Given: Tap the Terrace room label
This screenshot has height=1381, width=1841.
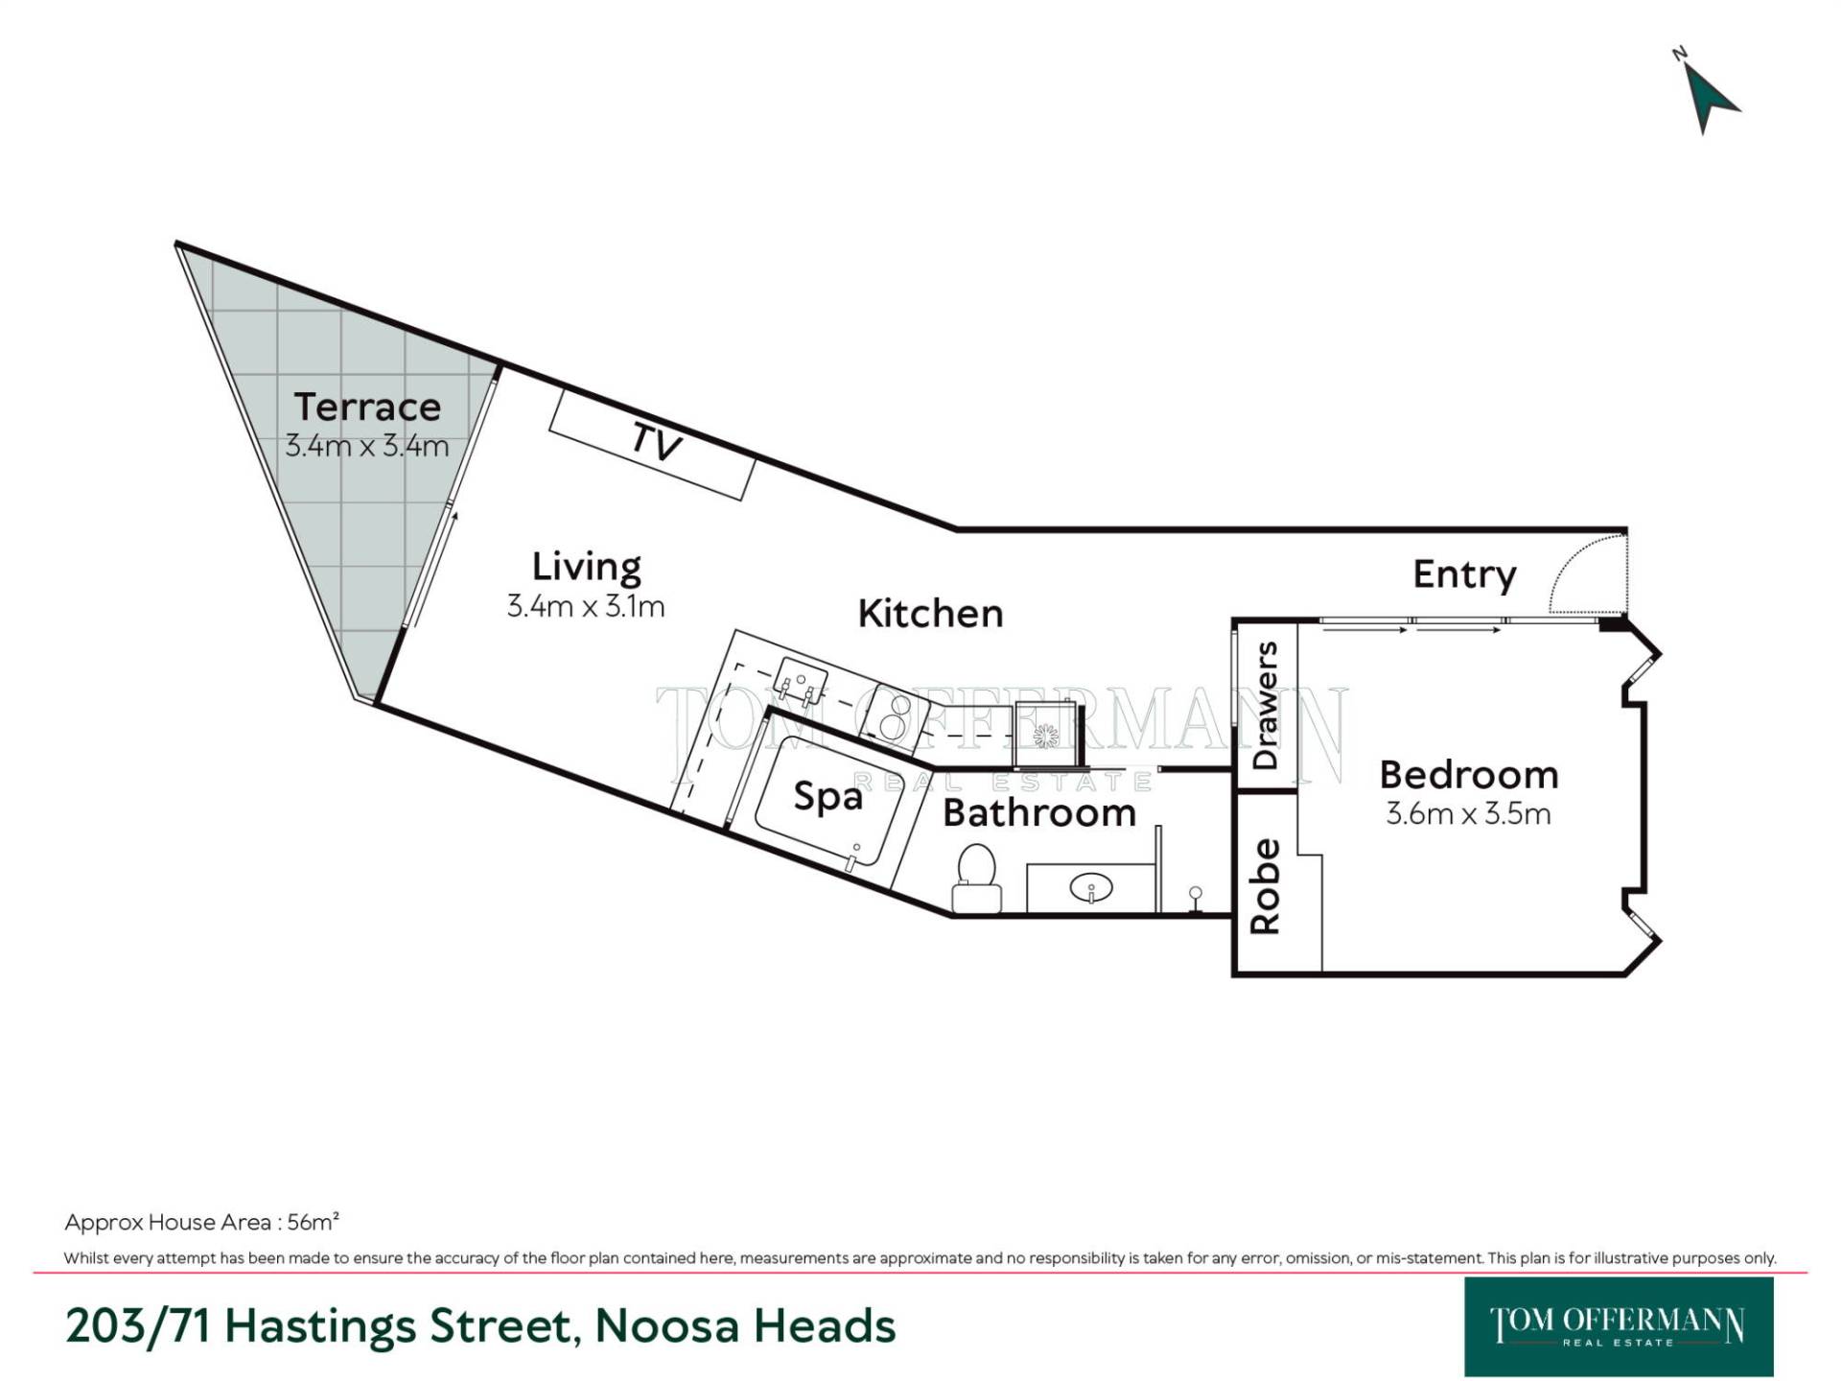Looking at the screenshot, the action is tap(367, 407).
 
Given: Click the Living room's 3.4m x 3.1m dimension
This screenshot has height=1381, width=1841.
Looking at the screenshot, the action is tap(586, 606).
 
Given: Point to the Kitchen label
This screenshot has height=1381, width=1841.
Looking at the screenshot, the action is tap(930, 613).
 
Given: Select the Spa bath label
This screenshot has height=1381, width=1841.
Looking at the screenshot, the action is tap(827, 797).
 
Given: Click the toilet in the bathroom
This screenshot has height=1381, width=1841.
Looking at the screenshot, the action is tap(977, 877).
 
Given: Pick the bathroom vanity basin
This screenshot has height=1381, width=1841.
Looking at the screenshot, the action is tap(1091, 889).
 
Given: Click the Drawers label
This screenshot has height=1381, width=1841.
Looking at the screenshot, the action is tap(1266, 706).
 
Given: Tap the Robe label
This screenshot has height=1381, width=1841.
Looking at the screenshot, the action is tap(1266, 886).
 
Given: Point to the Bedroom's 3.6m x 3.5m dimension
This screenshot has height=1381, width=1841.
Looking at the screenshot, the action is tap(1468, 813).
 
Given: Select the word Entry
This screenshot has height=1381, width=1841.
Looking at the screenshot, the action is tap(1464, 574).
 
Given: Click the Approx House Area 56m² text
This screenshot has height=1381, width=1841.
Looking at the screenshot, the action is tap(202, 1222).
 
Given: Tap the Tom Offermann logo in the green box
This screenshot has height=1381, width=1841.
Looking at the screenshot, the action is tap(1619, 1326).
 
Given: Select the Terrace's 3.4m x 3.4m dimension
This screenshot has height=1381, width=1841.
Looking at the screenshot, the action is tap(367, 446).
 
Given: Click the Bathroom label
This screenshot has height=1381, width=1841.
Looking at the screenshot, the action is tap(1039, 812).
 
